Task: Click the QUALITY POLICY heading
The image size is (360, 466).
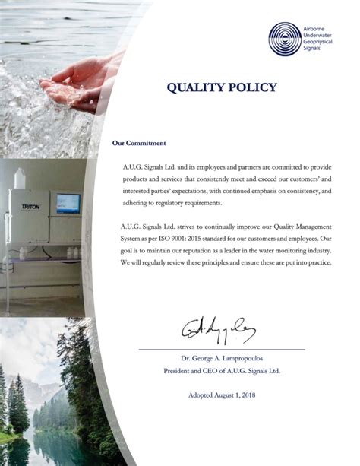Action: tap(222, 87)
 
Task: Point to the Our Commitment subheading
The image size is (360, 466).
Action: tap(139, 142)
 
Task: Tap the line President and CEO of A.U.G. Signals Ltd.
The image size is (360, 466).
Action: tap(223, 370)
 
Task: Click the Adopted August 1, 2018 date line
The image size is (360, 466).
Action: tap(223, 395)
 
